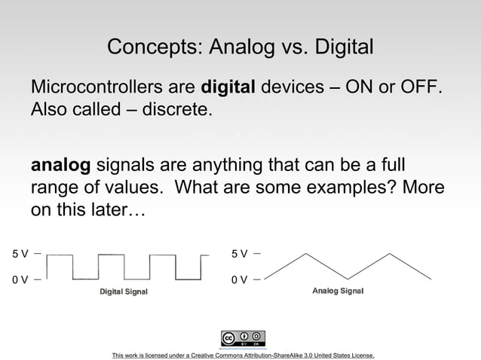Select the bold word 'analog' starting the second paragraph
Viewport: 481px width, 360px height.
tap(60, 164)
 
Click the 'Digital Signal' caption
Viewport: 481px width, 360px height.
tap(124, 291)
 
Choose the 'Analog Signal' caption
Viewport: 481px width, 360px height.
tap(338, 291)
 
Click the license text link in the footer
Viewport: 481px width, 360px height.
tap(243, 355)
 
